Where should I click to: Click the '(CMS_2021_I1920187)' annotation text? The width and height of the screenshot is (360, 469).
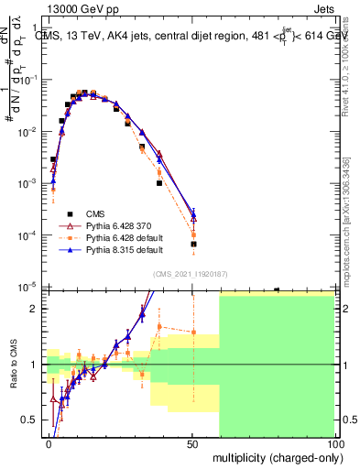pyautogui.click(x=192, y=273)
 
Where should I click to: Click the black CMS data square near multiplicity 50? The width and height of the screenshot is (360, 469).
pyautogui.click(x=193, y=244)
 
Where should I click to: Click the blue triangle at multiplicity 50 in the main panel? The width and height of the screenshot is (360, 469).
pyautogui.click(x=193, y=217)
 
